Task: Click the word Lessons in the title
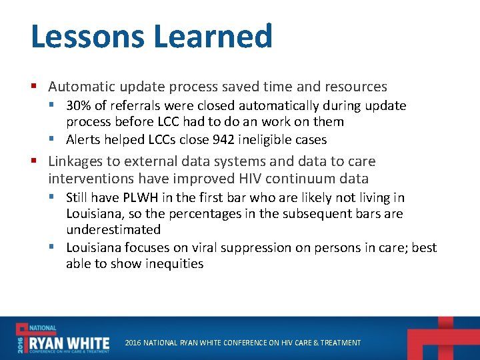pyautogui.click(x=81, y=36)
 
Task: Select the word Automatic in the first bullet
pyautogui.click(x=83, y=87)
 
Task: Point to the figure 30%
pyautogui.click(x=79, y=105)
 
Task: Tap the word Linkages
pyautogui.click(x=75, y=161)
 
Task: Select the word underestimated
pyautogui.click(x=113, y=229)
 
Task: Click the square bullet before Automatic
pyautogui.click(x=34, y=87)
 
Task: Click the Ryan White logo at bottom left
pyautogui.click(x=63, y=339)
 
